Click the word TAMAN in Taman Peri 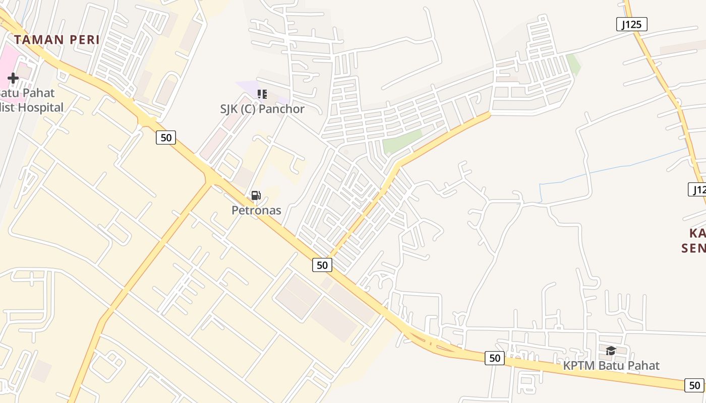click(39, 40)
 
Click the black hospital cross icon click(13, 78)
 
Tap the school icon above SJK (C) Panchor click(262, 94)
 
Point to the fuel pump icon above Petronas click(256, 195)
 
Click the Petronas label click(256, 210)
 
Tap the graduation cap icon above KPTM click(611, 351)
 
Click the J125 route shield click(631, 24)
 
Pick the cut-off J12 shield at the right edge click(698, 189)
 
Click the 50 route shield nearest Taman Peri click(165, 137)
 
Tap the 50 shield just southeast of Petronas click(322, 264)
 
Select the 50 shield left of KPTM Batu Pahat click(494, 358)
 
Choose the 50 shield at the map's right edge click(694, 385)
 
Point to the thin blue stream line click(615, 166)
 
